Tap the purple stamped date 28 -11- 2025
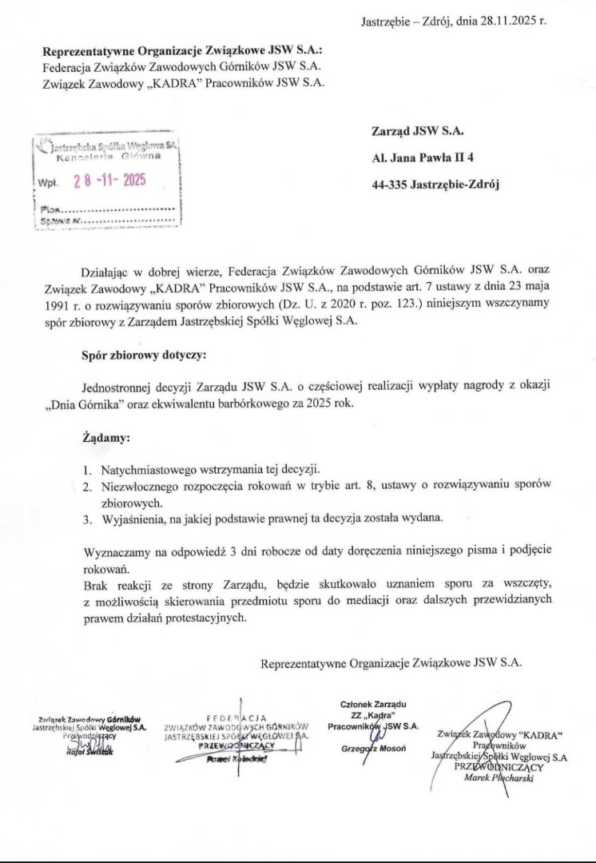click(x=109, y=181)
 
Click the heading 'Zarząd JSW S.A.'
click(x=417, y=131)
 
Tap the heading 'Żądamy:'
click(x=105, y=438)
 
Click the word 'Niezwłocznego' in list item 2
click(x=141, y=486)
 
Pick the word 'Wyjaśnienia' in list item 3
click(x=133, y=519)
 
